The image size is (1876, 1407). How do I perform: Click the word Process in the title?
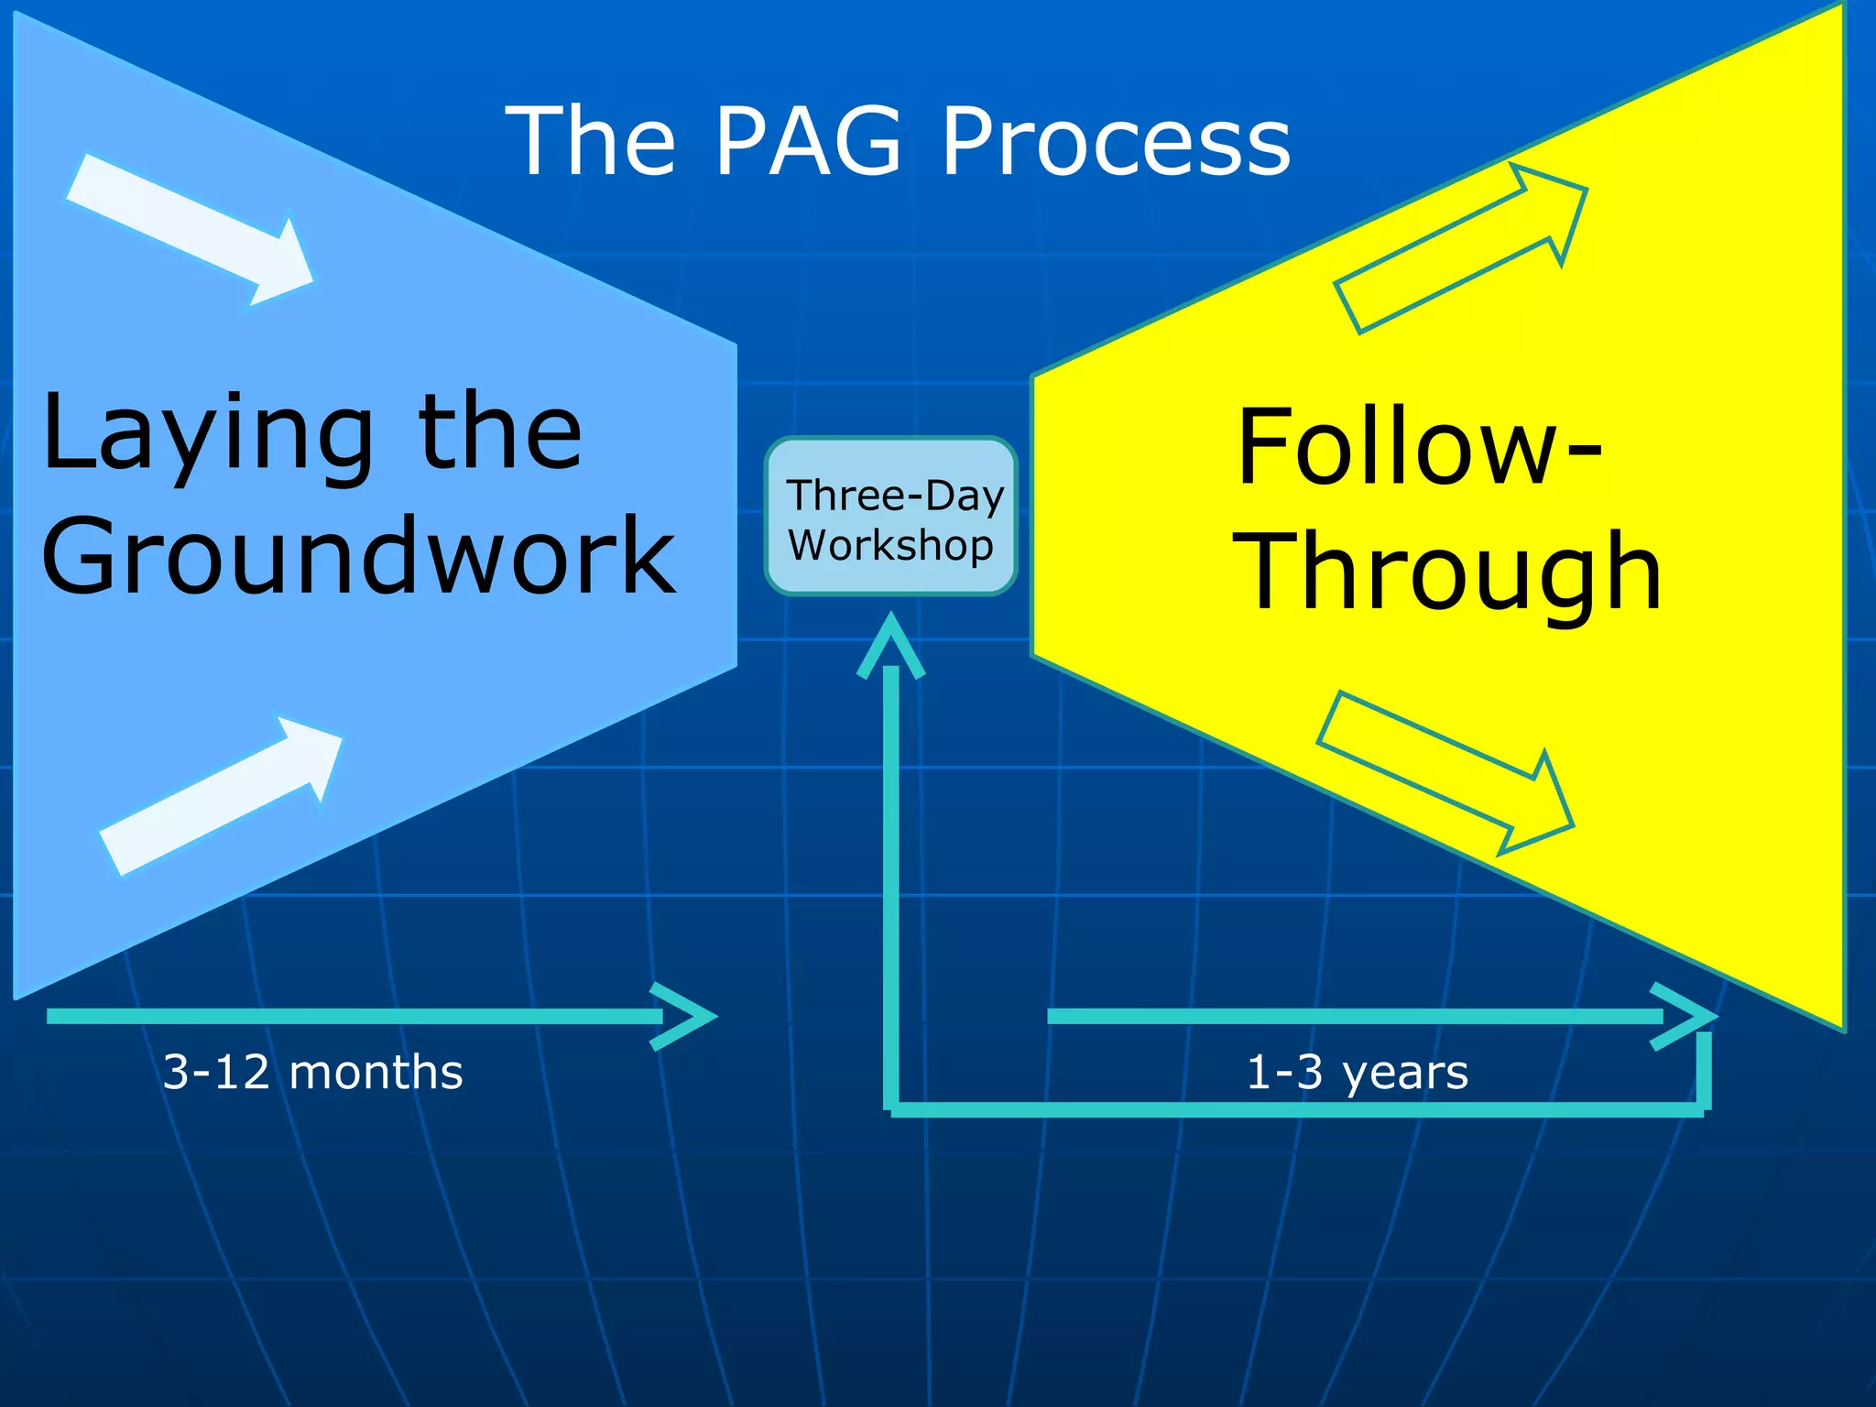point(1116,141)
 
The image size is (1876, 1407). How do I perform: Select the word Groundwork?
point(357,555)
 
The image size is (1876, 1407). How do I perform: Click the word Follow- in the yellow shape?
point(1418,449)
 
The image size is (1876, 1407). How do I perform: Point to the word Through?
point(1447,572)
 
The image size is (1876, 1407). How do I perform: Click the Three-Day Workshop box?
point(891,517)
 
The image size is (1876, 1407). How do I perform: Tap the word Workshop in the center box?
point(890,546)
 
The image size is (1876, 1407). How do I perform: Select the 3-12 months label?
point(312,1072)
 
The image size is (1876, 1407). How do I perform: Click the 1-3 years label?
point(1357,1072)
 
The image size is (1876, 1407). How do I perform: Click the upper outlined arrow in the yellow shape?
point(1460,247)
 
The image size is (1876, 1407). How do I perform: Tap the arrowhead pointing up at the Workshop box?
point(891,645)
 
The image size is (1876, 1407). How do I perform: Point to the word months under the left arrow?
point(376,1072)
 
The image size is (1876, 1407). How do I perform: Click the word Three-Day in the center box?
point(895,496)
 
